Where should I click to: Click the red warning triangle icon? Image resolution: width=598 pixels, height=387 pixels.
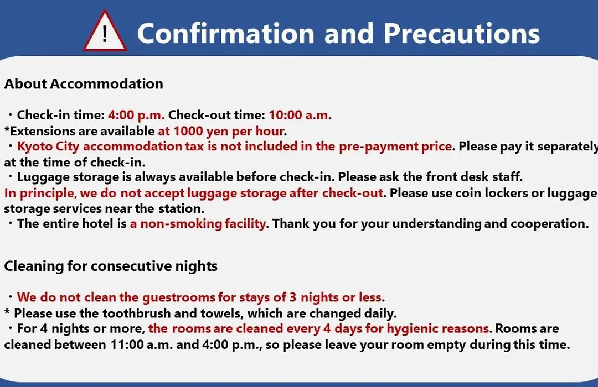coord(105,32)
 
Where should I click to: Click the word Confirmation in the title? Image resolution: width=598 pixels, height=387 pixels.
coord(226,34)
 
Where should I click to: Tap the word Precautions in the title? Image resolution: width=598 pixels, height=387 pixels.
coord(461,34)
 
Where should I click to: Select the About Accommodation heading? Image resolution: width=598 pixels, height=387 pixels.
coord(84,84)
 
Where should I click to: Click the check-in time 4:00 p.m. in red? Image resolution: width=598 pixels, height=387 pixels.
coord(136,115)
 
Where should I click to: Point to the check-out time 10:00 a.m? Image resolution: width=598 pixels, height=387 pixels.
coord(300,115)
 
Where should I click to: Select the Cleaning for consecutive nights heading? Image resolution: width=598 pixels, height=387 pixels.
coord(111,266)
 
